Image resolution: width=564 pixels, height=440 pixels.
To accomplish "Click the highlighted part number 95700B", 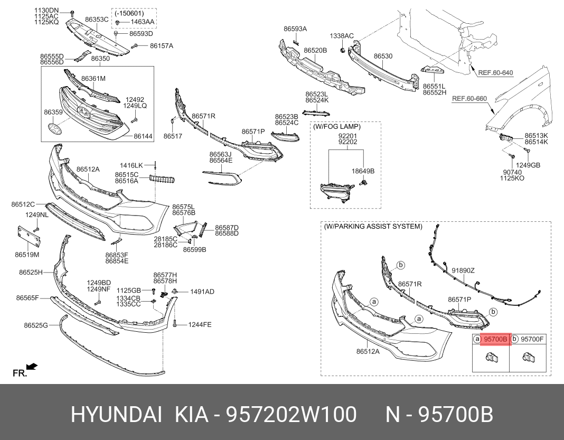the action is [496, 339].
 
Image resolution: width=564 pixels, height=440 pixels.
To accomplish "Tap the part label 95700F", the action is [532, 339].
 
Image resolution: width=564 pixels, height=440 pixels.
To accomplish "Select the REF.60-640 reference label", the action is [495, 73].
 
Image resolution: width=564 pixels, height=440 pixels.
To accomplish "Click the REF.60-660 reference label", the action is [469, 99].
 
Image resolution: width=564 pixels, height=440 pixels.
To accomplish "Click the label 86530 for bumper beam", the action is [383, 56].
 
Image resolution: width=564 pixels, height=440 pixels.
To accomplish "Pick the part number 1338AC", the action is [342, 36].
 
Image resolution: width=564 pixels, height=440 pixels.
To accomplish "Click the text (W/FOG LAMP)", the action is [337, 127].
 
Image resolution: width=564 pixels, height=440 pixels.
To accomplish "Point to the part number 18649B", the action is [363, 171].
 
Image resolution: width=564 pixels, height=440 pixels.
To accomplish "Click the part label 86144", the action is [143, 136].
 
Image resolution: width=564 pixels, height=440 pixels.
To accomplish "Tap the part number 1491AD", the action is [202, 292].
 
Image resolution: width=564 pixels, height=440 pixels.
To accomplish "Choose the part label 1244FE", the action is [200, 324].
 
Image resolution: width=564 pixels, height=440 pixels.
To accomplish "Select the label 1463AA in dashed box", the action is [143, 22].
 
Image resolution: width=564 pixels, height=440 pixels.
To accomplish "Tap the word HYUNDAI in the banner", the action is [117, 415].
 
